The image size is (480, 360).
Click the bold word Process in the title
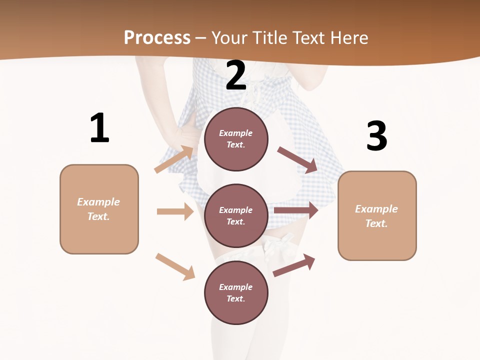[157, 37]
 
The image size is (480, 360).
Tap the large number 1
[99, 128]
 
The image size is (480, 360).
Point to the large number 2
[236, 75]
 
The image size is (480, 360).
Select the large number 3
[376, 136]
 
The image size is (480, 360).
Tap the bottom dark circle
[236, 310]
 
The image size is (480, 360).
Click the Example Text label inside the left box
[98, 209]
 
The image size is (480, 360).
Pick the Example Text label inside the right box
[376, 216]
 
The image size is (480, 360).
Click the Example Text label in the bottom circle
[236, 292]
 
